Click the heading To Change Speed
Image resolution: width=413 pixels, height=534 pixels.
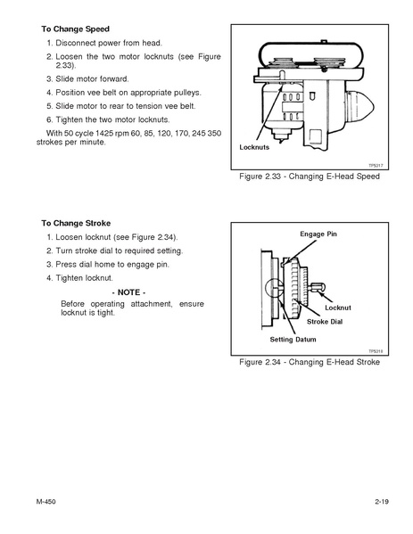[75, 29]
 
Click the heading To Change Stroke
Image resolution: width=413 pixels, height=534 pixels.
[76, 224]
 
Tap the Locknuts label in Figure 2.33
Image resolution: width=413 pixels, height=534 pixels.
[254, 147]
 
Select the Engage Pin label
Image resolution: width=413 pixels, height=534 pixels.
[318, 234]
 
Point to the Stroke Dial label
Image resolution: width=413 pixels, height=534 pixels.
[325, 322]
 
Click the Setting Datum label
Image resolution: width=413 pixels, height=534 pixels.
[293, 340]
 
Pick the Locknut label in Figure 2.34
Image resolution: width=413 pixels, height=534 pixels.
[338, 308]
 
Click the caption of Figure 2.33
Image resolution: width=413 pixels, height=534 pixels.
[310, 177]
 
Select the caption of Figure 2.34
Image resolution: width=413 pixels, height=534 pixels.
[310, 362]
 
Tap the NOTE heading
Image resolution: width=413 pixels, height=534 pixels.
[128, 292]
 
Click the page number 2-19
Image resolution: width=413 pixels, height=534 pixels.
[382, 502]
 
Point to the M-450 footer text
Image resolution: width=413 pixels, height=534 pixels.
[45, 502]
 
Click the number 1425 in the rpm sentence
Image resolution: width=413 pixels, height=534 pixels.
[104, 133]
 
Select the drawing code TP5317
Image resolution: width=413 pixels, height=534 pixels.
[376, 166]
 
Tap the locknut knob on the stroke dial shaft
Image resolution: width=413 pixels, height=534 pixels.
[318, 287]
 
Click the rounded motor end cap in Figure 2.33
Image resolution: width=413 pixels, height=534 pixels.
[359, 107]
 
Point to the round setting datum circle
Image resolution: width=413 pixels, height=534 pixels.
[273, 289]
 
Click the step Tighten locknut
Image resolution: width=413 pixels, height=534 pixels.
[79, 278]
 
